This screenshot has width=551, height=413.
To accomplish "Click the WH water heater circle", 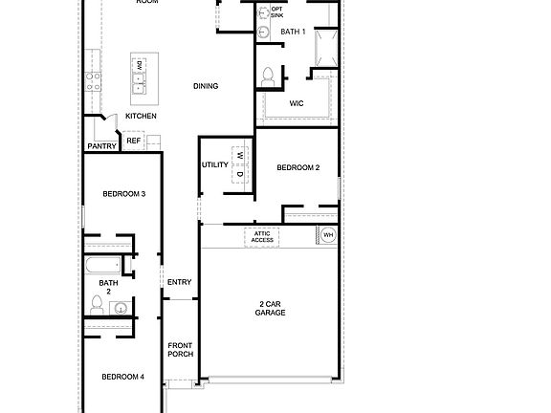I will (x=328, y=235).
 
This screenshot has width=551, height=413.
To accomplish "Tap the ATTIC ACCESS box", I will (x=262, y=236).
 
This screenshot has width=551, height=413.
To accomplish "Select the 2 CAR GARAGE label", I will (x=270, y=308).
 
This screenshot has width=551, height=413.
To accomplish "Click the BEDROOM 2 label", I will (x=298, y=168).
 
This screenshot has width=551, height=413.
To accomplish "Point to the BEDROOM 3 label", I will (x=124, y=194).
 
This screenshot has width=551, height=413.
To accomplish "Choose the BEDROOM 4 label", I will (x=123, y=377).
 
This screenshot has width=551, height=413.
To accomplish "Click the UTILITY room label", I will (x=214, y=164).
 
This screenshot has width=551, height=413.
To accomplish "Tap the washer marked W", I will (x=240, y=154).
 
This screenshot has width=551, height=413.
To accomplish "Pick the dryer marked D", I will (x=240, y=174).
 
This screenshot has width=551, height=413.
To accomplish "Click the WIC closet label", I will (x=297, y=104).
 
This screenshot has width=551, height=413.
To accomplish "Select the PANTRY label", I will (x=101, y=146).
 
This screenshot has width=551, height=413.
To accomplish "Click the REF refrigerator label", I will (x=133, y=141).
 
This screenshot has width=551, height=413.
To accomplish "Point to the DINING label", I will (x=206, y=86).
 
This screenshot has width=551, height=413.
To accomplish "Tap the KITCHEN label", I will (x=142, y=116).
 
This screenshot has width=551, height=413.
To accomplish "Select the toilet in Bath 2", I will (x=98, y=303).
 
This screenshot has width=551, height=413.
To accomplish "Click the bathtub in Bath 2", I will (x=101, y=265).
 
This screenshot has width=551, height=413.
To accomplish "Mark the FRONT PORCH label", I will (x=181, y=349).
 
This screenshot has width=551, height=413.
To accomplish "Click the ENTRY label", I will (x=179, y=282).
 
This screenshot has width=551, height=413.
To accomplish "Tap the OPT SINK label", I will (x=276, y=12).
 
